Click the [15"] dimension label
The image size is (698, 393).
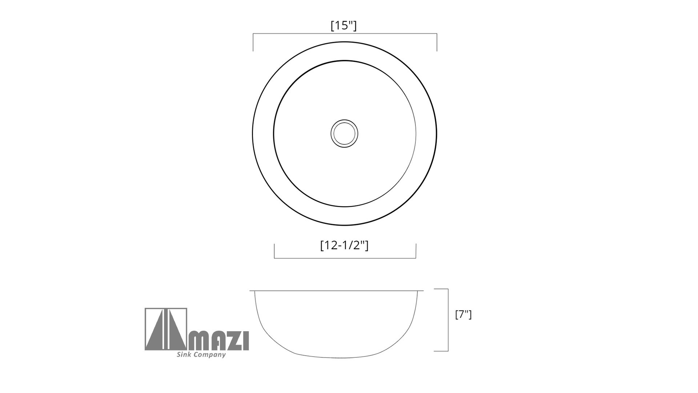point(344,25)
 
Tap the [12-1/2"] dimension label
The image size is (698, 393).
point(344,245)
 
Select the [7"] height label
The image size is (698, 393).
point(463,314)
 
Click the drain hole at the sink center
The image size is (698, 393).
point(344,134)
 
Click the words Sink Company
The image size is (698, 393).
point(201,354)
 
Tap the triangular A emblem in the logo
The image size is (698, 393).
point(166,329)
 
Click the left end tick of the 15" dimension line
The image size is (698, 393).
point(253,42)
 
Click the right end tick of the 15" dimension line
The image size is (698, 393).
point(437,42)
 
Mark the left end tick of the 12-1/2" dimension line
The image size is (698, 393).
point(274,251)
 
